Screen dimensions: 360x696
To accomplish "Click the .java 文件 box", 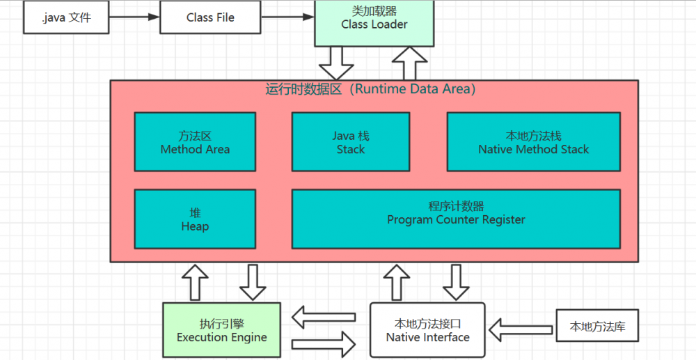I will pos(66,17).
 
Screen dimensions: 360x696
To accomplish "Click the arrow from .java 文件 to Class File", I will pos(135,17).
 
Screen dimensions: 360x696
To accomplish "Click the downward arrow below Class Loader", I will pos(336,63).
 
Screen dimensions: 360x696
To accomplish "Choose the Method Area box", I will pos(195,142).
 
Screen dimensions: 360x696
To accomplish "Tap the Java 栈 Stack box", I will pos(351,142).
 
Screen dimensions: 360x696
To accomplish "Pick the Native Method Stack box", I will pos(533,142).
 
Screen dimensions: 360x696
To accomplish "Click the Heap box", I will pos(195,219).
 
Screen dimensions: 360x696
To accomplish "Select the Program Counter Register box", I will pos(456,219).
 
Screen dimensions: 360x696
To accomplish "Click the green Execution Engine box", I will pos(221,331).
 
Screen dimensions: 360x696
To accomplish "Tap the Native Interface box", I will pos(427,331).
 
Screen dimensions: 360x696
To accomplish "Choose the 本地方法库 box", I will pos(597,326).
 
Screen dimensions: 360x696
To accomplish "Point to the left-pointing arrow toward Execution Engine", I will pos(324,318).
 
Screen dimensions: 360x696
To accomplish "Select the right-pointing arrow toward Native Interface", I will pos(324,343).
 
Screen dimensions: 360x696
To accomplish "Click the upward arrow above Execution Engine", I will pos(195,282).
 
